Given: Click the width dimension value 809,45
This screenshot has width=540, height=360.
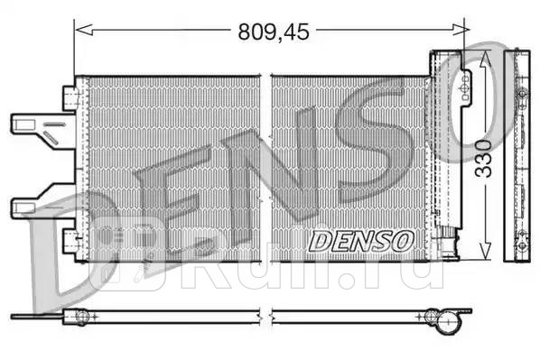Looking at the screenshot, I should (273, 32).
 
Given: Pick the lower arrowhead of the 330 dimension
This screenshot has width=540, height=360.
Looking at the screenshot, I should (485, 254).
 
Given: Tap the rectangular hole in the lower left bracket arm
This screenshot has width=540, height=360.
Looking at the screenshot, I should (24, 209).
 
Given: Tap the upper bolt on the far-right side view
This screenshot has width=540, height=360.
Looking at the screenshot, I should (520, 93).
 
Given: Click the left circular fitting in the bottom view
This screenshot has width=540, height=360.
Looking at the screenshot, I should (81, 316).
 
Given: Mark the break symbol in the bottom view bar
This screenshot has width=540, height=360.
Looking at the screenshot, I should (265, 316).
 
